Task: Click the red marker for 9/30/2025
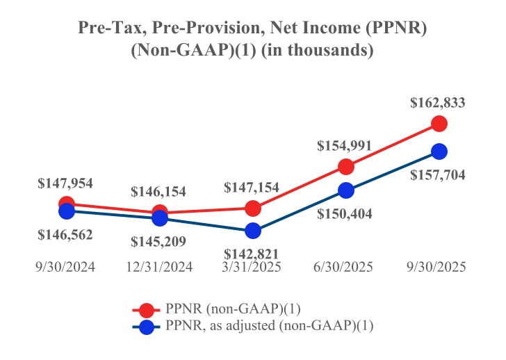point(439,124)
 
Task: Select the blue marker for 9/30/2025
point(439,151)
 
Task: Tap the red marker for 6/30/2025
point(345,167)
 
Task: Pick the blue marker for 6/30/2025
point(345,190)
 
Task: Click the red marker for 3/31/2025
point(253,208)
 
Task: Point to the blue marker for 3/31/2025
point(253,231)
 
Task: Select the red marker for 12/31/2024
point(160,213)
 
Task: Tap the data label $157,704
point(438,174)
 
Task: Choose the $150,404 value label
point(345,213)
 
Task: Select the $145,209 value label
point(159,242)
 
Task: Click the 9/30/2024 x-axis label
point(65,267)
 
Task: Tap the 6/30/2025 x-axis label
point(345,267)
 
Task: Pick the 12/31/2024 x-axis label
point(159,267)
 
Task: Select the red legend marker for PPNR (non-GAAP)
point(146,310)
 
